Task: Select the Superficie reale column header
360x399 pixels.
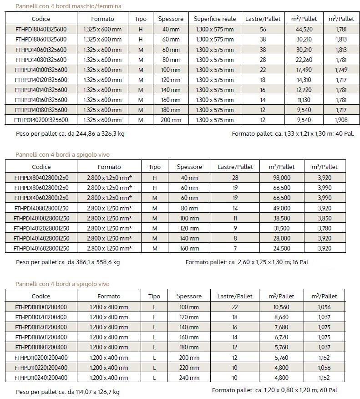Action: tap(214, 19)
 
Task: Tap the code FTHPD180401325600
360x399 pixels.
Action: tap(41, 29)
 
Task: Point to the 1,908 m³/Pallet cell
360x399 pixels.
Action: tap(341, 120)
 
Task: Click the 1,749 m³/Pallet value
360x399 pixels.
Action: tap(341, 70)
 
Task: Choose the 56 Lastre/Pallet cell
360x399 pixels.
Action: tap(263, 29)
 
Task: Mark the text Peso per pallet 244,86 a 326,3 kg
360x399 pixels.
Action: tap(70, 134)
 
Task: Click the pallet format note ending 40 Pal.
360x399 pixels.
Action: tap(293, 134)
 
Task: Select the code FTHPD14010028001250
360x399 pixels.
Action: tap(41, 218)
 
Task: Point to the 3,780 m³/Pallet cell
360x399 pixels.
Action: tap(325, 228)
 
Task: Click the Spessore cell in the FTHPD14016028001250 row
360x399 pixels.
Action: tap(188, 248)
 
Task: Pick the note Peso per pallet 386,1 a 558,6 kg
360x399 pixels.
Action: tap(68, 262)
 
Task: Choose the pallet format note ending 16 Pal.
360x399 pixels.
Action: tap(247, 262)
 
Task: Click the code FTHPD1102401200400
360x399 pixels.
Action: tap(41, 378)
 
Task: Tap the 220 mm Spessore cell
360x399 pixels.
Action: tap(188, 368)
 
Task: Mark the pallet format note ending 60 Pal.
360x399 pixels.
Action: tap(275, 390)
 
